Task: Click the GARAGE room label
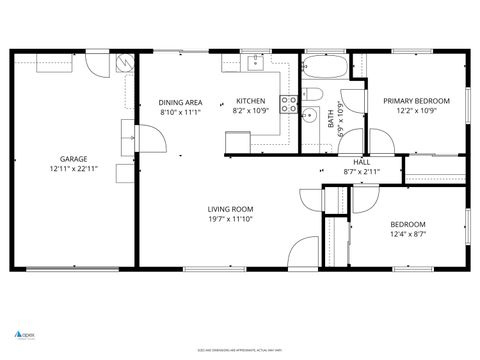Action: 73,159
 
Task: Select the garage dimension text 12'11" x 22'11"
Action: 73,169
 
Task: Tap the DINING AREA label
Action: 181,102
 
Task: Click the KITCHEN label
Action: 250,102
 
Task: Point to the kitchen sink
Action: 252,65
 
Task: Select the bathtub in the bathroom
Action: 324,69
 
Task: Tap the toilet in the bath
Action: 311,95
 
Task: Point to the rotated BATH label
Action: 331,119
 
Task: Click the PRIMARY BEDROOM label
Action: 417,101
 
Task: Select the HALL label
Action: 361,162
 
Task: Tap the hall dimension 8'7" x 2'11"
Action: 361,172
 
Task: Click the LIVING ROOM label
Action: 230,208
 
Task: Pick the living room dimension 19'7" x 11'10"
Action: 230,218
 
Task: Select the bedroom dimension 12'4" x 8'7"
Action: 408,234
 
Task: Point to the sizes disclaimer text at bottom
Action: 240,350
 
